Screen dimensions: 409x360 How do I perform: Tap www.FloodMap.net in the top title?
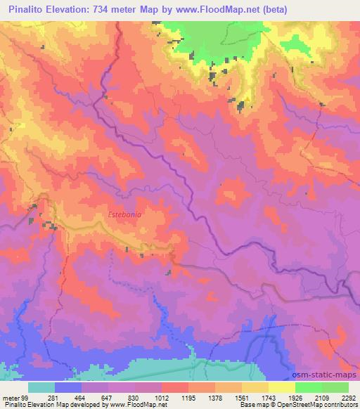click(217, 9)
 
